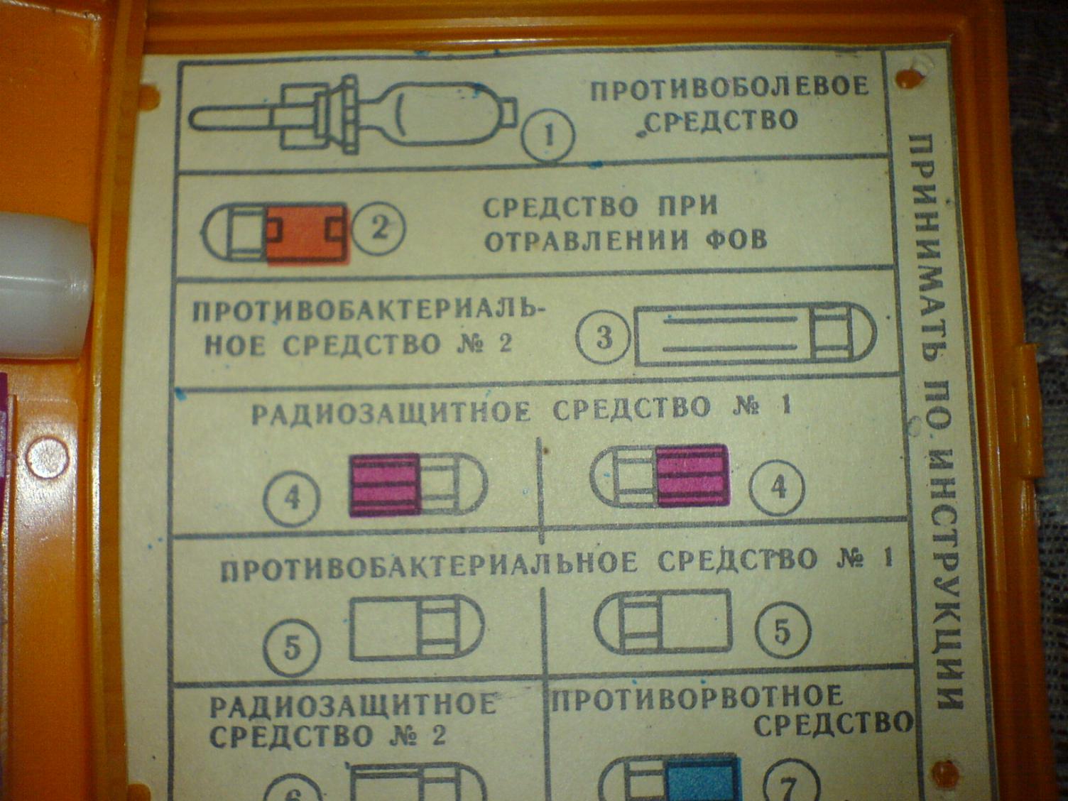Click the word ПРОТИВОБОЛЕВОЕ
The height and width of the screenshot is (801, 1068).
730,87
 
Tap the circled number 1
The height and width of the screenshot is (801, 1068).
548,136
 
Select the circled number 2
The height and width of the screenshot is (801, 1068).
378,229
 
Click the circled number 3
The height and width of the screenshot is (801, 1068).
604,337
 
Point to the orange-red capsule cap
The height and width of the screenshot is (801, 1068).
308,234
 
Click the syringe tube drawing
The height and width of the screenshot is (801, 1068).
352,113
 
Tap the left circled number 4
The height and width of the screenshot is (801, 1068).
292,499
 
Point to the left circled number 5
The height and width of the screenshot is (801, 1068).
291,649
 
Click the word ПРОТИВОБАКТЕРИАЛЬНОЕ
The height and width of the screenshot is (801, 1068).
429,566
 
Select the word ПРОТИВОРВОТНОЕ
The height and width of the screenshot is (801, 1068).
696,698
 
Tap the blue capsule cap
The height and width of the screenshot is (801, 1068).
704,778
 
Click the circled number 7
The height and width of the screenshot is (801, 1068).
790,781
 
